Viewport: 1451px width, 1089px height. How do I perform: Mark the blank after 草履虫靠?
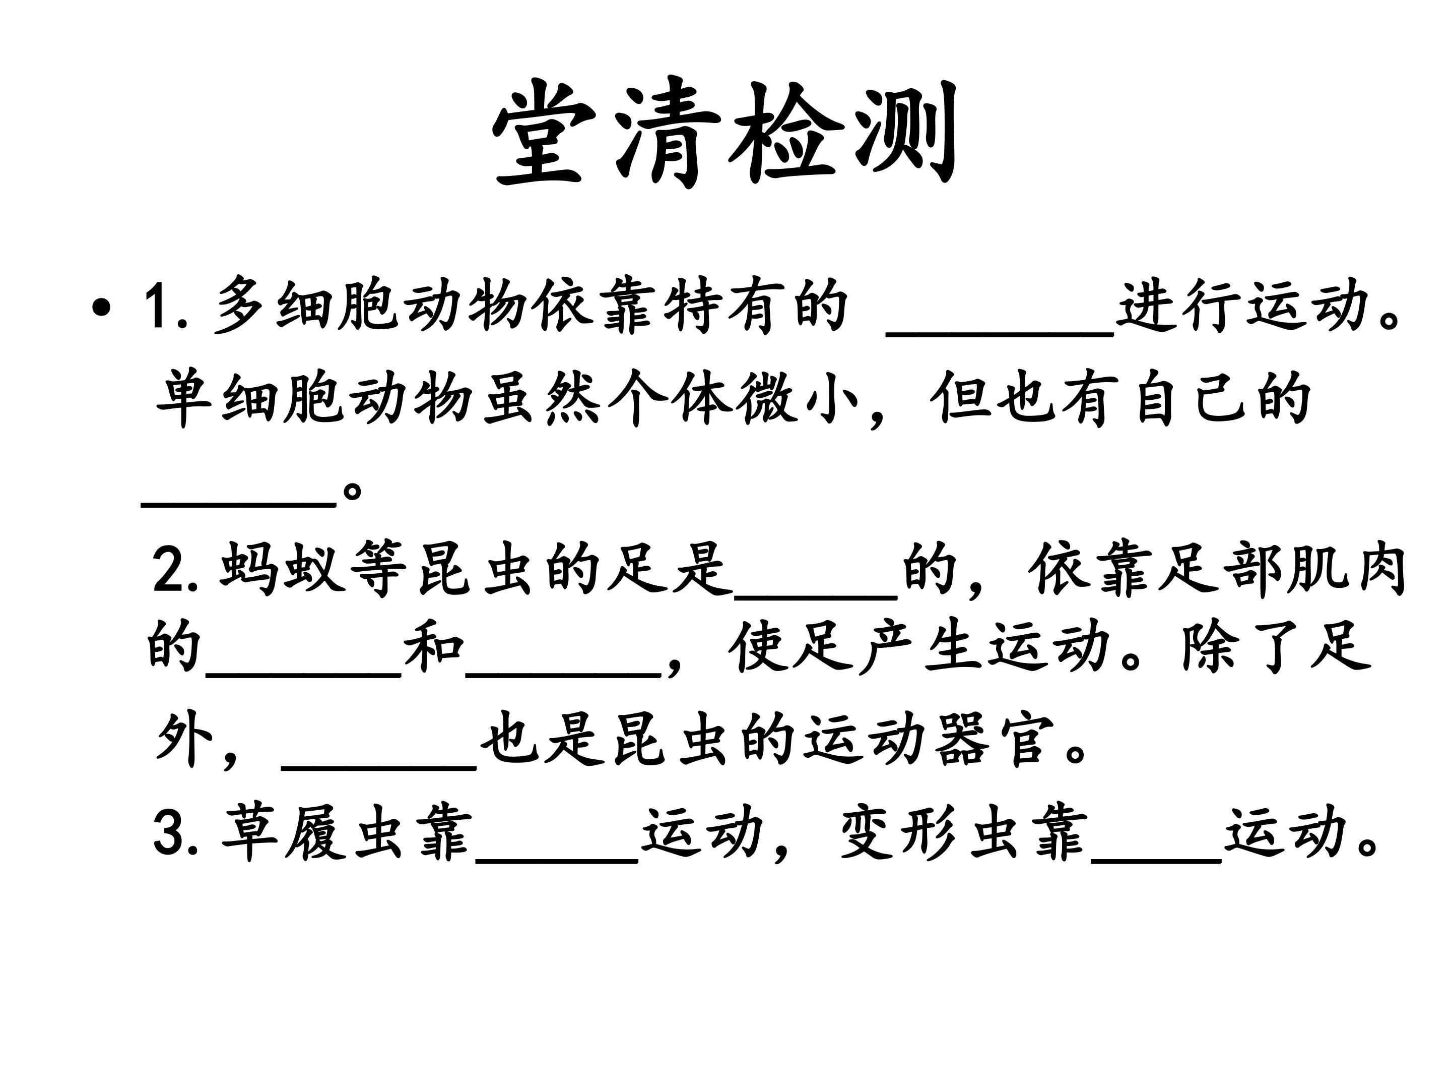click(x=557, y=859)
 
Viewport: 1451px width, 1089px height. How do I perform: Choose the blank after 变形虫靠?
click(x=1156, y=859)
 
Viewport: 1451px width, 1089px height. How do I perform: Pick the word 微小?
click(x=797, y=398)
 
